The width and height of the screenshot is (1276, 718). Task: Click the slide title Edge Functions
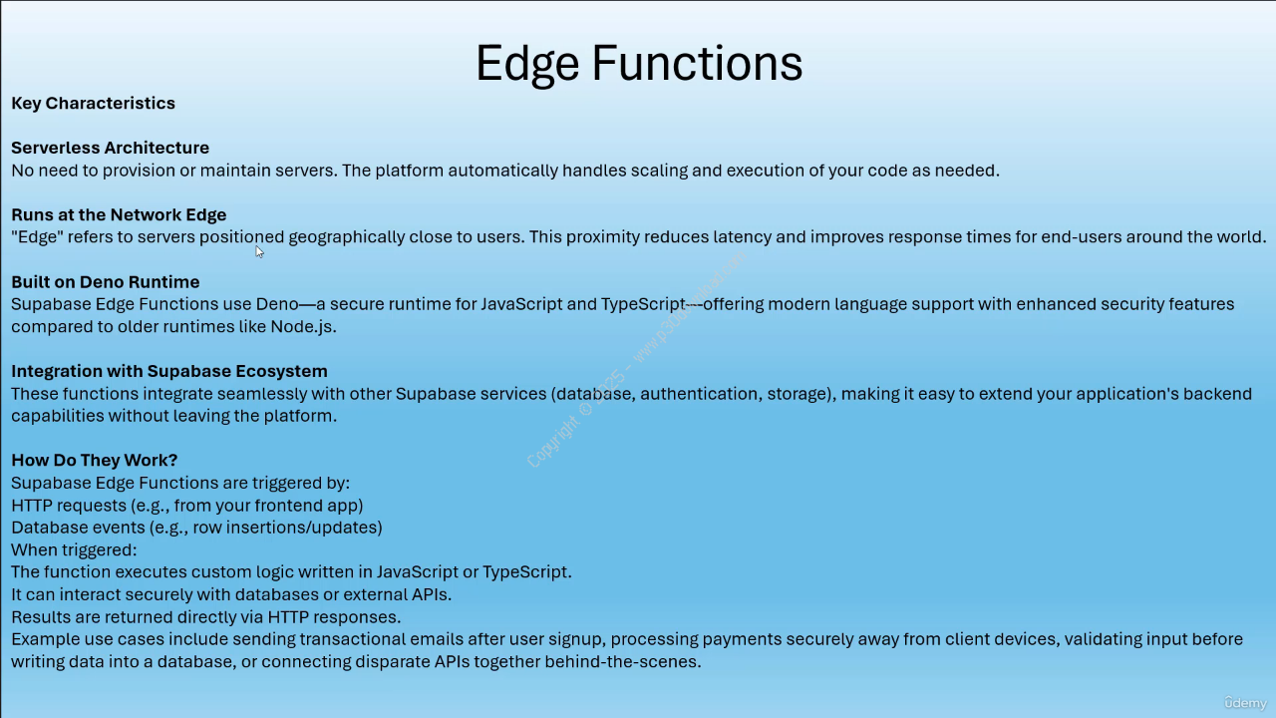639,64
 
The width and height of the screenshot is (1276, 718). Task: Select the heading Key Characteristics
93,103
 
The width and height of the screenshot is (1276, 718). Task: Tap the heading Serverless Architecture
110,148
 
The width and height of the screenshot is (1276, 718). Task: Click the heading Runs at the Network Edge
119,214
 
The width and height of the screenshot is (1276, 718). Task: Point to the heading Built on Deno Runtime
106,281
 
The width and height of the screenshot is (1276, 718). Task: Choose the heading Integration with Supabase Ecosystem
169,371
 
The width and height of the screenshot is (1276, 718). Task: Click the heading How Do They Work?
95,460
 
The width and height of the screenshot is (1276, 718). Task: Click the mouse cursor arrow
259,252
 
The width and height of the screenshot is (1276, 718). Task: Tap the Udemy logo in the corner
1245,703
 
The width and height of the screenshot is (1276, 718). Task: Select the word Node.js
303,326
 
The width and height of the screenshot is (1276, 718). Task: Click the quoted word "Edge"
37,236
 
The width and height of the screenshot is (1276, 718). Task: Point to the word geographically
346,237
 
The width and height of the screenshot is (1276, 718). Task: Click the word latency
743,237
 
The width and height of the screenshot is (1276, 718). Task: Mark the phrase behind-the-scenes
623,661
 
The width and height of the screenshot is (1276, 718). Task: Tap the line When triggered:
74,549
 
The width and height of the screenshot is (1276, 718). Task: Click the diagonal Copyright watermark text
636,360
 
